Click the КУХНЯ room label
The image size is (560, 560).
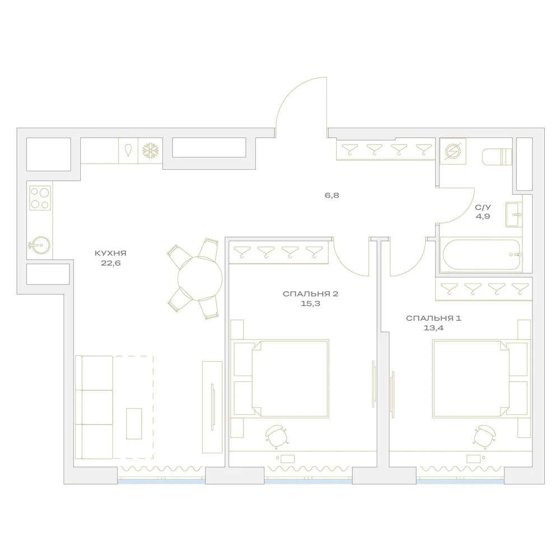click(110, 253)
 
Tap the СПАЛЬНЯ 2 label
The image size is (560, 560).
click(310, 294)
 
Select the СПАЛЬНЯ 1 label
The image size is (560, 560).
click(433, 318)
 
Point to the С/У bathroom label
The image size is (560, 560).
click(483, 207)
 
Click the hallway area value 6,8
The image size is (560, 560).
click(332, 195)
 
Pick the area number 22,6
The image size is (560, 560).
click(111, 263)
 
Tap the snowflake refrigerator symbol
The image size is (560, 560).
click(150, 151)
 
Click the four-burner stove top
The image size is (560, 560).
click(40, 198)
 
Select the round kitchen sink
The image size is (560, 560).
click(40, 245)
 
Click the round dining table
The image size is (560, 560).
click(200, 278)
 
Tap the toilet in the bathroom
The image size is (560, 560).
click(497, 157)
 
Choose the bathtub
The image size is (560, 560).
click(482, 255)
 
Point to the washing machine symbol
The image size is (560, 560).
click(453, 151)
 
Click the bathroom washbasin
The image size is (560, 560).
click(514, 214)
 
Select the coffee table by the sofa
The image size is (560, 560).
click(134, 423)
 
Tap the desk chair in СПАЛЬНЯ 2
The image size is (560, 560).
click(276, 436)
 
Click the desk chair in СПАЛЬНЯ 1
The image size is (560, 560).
click(484, 436)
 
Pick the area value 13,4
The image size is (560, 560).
click(433, 328)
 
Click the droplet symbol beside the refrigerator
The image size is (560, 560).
click(128, 150)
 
